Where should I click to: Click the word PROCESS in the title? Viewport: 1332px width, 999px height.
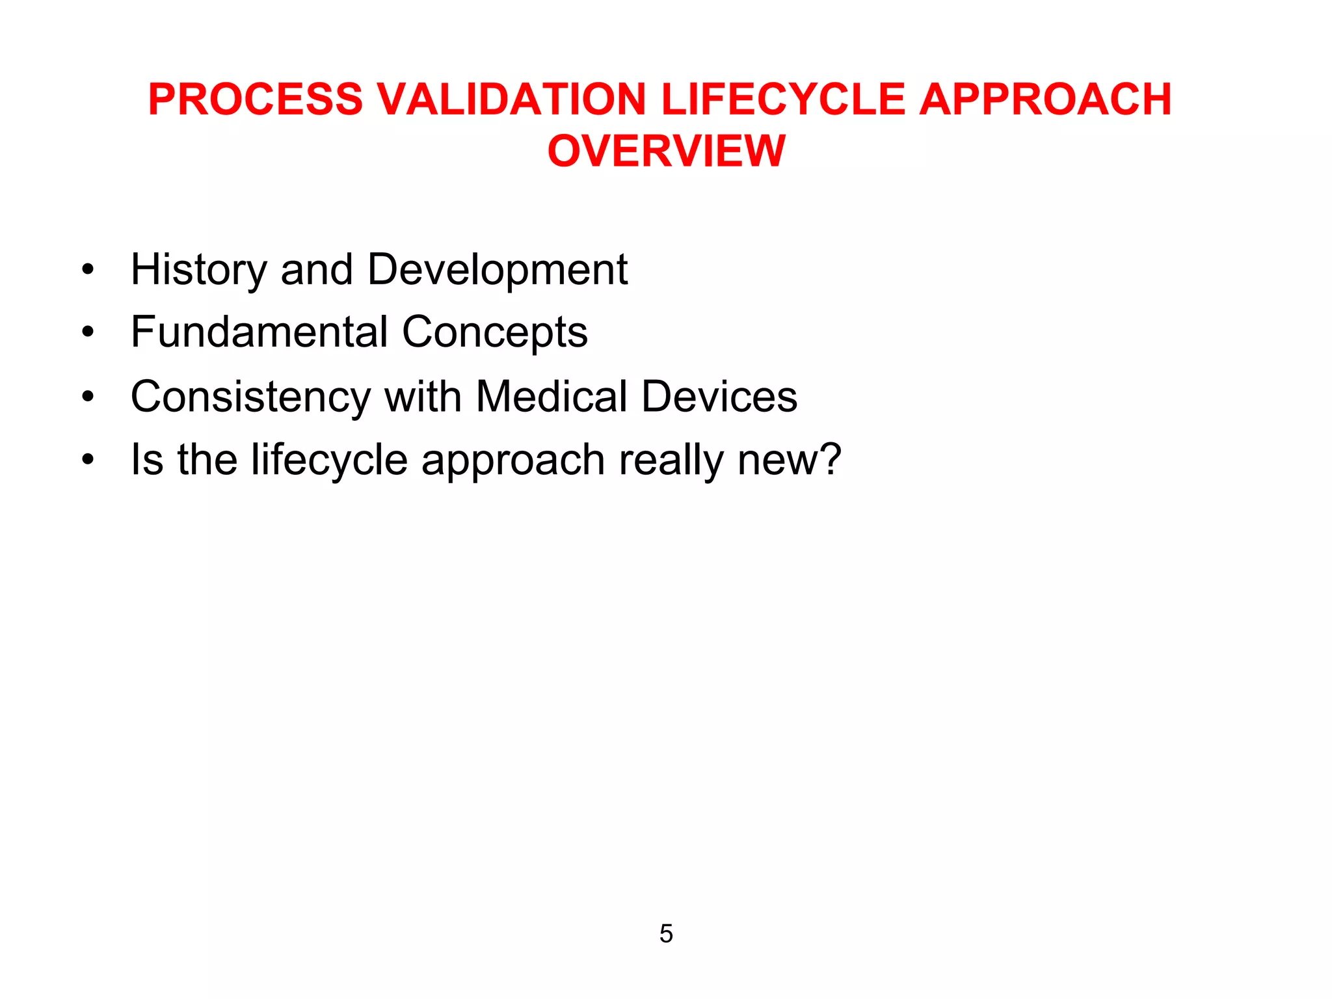(x=255, y=100)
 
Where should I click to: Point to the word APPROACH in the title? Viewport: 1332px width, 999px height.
(x=1045, y=100)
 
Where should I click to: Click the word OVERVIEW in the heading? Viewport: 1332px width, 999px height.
(x=667, y=151)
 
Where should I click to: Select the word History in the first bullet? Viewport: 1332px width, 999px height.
(x=198, y=269)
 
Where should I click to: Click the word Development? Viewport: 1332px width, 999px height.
(x=498, y=269)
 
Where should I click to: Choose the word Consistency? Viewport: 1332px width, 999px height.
(x=250, y=397)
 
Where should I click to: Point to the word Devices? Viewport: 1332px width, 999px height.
(x=719, y=395)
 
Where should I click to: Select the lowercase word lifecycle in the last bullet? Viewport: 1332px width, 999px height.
(x=329, y=460)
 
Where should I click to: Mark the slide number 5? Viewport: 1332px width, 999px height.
(x=666, y=934)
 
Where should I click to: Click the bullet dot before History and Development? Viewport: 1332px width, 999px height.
(x=88, y=269)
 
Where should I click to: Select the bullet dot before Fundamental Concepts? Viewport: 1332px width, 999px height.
(x=88, y=332)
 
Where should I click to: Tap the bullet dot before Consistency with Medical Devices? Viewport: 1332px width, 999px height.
(x=88, y=396)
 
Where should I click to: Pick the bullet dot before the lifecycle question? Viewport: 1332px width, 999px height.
(x=88, y=460)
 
